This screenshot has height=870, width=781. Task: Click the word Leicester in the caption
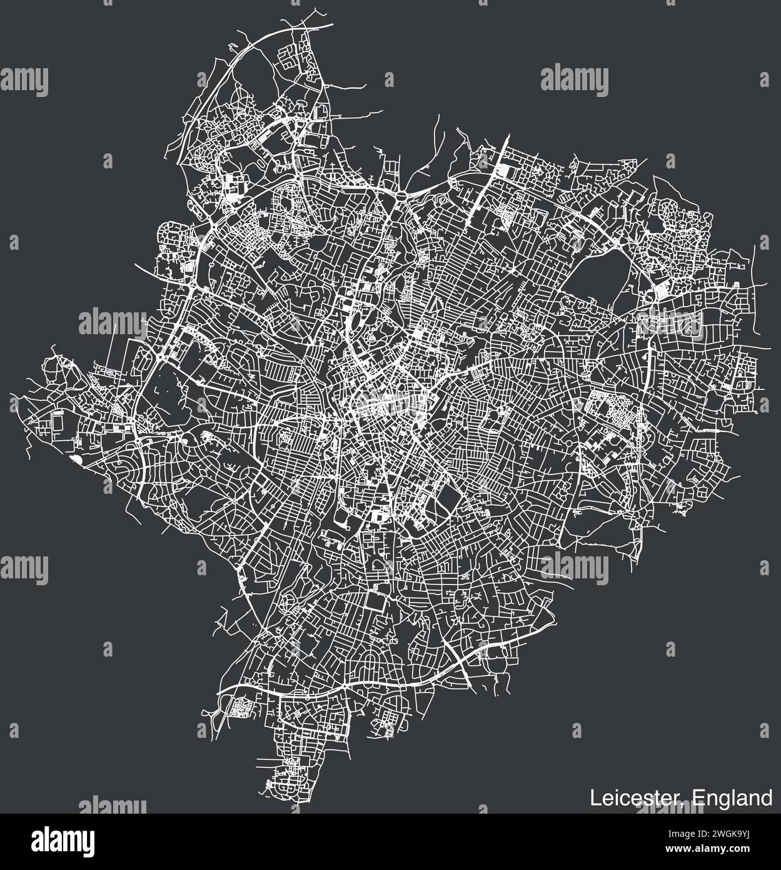(637, 798)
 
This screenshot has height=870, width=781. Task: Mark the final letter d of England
(767, 798)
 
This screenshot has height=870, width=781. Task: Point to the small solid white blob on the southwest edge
(77, 460)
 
